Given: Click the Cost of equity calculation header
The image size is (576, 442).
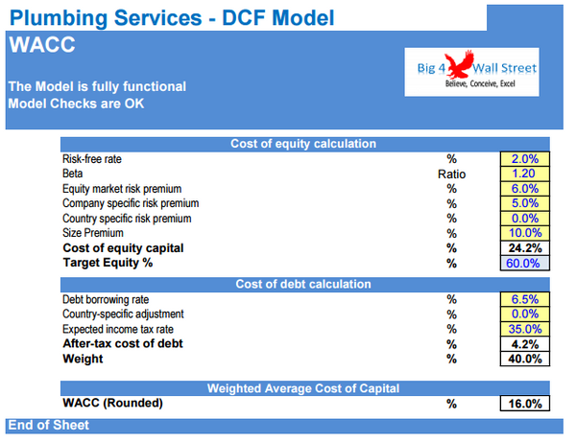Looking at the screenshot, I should pyautogui.click(x=303, y=144).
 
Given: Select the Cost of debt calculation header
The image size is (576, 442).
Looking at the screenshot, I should pyautogui.click(x=303, y=284).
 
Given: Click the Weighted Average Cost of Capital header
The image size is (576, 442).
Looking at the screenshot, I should pyautogui.click(x=303, y=388).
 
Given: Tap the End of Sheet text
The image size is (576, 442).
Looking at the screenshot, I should pyautogui.click(x=48, y=425).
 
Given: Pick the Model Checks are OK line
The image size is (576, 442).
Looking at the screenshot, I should pyautogui.click(x=76, y=104).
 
